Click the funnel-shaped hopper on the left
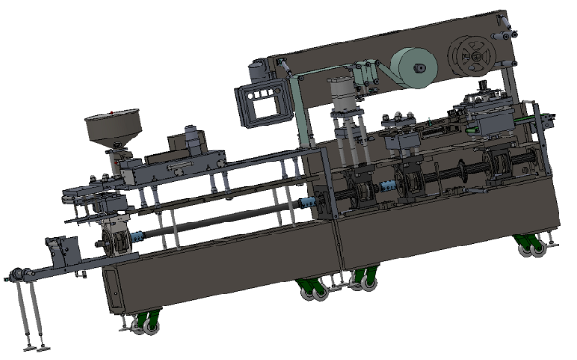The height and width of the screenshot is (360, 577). click(x=114, y=129)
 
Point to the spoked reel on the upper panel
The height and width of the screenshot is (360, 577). click(x=472, y=56)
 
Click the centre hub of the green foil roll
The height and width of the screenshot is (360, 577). click(x=416, y=67)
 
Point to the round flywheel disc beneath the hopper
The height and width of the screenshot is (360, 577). click(x=116, y=242)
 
